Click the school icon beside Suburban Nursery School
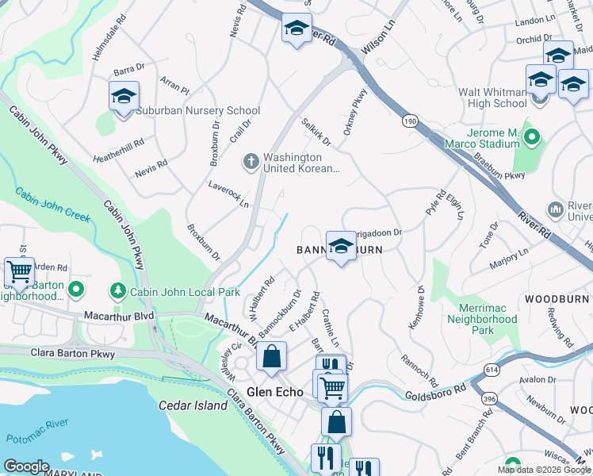[x=124, y=97]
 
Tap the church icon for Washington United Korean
[x=251, y=162]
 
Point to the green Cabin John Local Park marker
[x=118, y=290]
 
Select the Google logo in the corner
[x=26, y=467]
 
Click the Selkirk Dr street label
[x=316, y=132]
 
